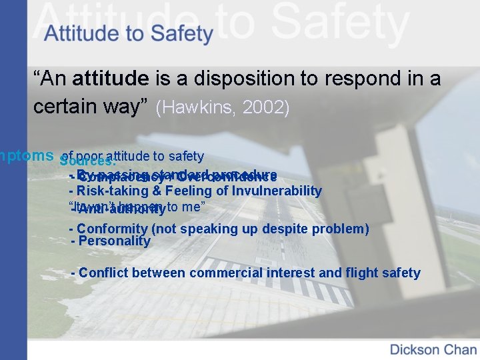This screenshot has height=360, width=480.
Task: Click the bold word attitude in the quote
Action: [111, 79]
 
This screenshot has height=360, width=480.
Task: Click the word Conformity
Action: [113, 229]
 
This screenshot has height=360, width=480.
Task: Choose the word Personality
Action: [115, 241]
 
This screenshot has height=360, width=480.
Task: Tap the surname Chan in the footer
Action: [461, 349]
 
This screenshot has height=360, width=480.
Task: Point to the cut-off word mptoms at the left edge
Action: [27, 155]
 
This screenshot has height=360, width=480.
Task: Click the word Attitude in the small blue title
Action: [77, 33]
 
